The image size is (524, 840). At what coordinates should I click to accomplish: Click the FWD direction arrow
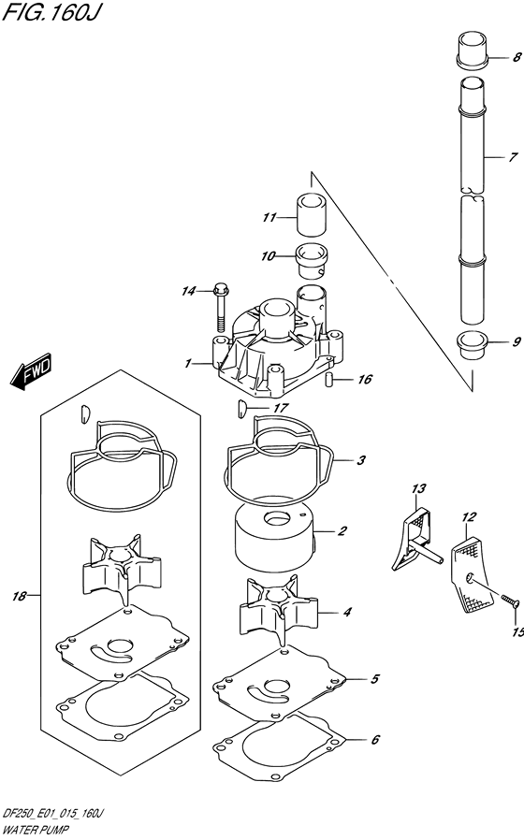tap(31, 370)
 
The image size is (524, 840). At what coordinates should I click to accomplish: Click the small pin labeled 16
tap(328, 379)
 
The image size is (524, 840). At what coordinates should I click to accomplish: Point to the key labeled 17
tap(240, 408)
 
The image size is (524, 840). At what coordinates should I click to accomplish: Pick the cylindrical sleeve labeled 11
tap(312, 214)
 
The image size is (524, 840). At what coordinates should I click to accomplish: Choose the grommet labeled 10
tap(313, 260)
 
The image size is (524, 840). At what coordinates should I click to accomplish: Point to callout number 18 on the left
tap(20, 596)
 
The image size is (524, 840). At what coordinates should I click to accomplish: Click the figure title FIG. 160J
tap(51, 12)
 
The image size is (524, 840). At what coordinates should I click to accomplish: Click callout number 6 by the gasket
tap(374, 739)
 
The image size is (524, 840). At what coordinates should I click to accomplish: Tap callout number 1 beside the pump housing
tap(187, 364)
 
